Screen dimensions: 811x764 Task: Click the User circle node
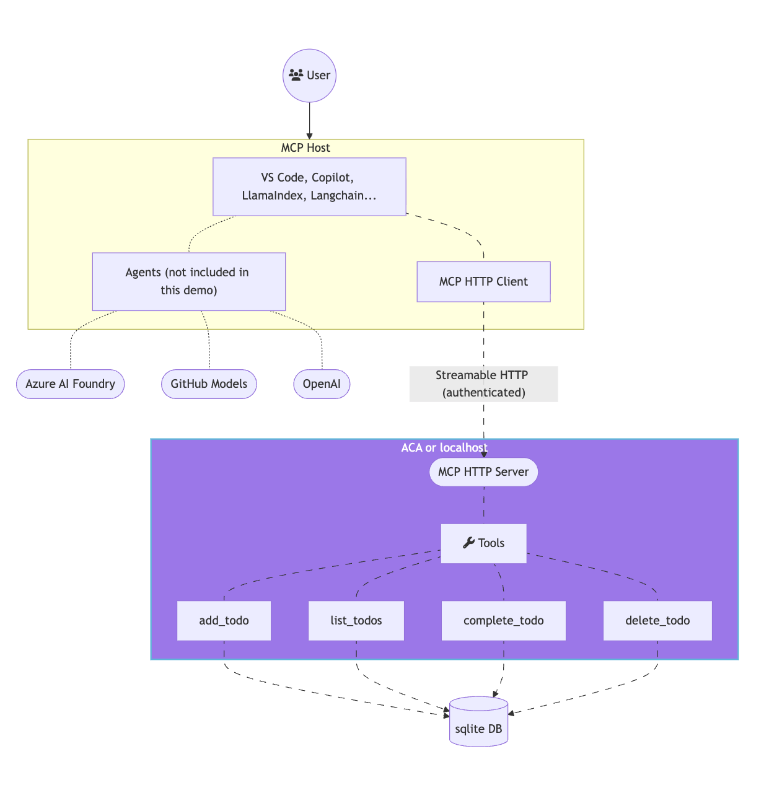309,76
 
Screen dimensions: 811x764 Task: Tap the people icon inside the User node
296,75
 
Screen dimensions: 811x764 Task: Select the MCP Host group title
305,147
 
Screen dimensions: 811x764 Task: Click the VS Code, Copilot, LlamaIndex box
309,186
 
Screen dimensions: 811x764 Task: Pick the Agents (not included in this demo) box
188,281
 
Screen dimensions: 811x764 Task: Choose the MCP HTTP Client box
483,282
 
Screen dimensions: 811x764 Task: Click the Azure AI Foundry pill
70,384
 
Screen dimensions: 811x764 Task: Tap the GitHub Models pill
209,384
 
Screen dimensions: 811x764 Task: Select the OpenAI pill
322,384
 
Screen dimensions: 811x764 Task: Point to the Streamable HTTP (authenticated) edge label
483,384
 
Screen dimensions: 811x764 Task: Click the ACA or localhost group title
444,447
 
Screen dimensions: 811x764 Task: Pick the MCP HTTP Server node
483,472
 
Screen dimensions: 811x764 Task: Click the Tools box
483,543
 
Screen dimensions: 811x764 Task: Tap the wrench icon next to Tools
468,543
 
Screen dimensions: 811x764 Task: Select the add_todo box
224,621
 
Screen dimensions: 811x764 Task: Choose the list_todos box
356,621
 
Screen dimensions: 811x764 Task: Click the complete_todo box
503,621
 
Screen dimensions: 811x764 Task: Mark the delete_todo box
657,621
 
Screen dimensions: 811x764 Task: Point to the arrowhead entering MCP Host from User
309,136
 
